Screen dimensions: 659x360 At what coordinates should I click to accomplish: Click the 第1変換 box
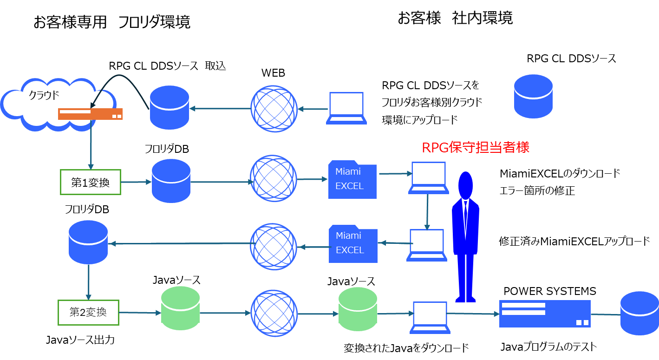(x=91, y=182)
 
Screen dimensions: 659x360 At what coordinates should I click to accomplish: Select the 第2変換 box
(x=88, y=313)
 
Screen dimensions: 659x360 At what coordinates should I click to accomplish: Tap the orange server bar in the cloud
(x=90, y=114)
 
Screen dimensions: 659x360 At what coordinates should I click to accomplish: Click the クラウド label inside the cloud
(x=44, y=95)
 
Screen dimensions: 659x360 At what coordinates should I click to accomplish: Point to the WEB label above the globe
(x=273, y=73)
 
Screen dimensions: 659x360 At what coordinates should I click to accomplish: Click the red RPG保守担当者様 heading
(x=476, y=147)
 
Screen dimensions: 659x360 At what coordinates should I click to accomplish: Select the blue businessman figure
(x=465, y=237)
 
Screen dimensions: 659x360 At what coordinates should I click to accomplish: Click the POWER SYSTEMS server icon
(x=545, y=314)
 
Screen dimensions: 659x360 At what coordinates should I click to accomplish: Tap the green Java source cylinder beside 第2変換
(x=180, y=308)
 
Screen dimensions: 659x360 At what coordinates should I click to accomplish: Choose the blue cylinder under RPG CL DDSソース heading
(x=533, y=96)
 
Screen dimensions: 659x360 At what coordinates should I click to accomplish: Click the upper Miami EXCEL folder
(x=352, y=180)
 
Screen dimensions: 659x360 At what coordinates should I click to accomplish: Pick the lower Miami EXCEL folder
(x=353, y=244)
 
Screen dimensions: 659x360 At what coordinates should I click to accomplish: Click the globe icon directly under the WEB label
(x=274, y=109)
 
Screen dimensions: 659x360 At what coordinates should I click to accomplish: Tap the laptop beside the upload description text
(x=346, y=108)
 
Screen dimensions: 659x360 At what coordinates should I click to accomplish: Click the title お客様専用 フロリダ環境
(x=112, y=22)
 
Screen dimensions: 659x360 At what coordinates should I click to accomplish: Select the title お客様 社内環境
(x=455, y=18)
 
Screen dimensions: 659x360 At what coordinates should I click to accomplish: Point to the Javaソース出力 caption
(x=80, y=340)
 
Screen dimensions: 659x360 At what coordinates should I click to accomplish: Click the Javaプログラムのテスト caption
(x=548, y=347)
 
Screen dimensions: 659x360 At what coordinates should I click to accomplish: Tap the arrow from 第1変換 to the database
(x=136, y=182)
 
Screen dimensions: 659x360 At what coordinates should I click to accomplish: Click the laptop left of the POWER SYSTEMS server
(x=430, y=318)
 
